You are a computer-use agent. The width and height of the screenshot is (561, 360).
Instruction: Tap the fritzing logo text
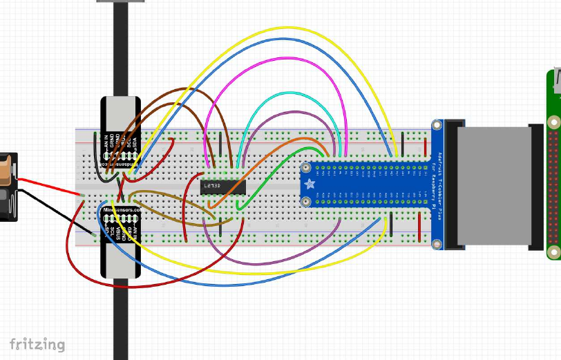click(38, 343)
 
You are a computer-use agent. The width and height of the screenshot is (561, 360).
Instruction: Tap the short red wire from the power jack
click(48, 184)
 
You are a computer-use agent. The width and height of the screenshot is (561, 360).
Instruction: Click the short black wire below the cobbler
click(392, 225)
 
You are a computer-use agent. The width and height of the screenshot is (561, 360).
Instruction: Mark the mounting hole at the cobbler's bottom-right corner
click(436, 243)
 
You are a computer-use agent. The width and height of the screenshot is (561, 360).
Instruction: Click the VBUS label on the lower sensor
click(119, 232)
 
